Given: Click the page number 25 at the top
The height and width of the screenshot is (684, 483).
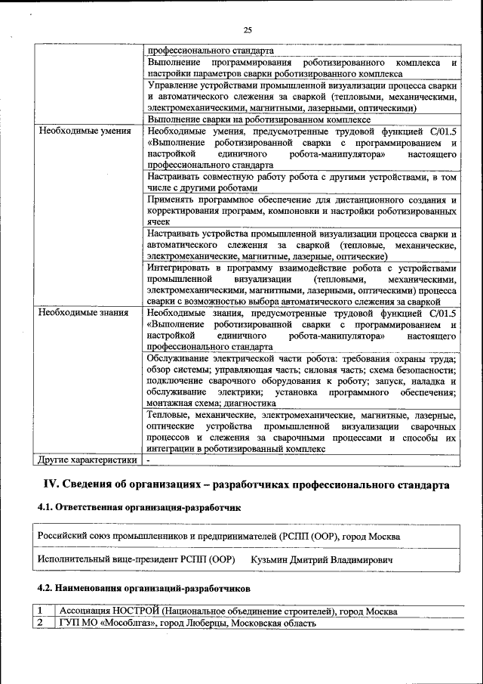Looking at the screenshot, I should [247, 29].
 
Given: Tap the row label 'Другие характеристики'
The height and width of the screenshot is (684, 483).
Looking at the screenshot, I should [88, 459].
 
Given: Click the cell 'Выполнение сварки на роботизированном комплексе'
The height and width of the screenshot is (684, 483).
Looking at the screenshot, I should [259, 119].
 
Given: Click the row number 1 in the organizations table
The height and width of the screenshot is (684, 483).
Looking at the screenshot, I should [43, 611].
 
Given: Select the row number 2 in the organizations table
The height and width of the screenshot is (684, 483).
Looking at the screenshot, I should [43, 624].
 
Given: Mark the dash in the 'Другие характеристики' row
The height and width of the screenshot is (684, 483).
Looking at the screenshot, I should [150, 459].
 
